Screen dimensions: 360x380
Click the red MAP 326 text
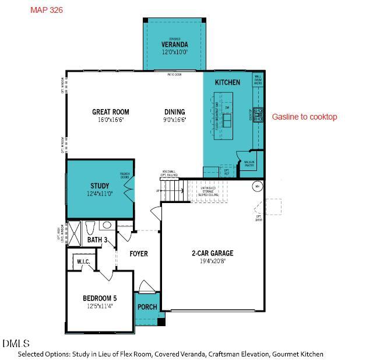tap(46, 10)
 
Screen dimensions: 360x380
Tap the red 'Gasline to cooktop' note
tap(304, 117)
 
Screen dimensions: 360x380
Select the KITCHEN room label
tap(227, 82)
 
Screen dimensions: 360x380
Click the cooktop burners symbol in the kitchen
tap(258, 114)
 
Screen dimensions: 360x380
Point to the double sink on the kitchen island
tap(227, 120)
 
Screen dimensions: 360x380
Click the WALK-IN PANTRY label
tap(249, 163)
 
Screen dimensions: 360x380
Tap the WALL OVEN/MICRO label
tap(258, 79)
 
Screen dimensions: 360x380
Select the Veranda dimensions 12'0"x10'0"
tap(175, 52)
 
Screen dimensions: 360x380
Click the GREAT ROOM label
tap(111, 112)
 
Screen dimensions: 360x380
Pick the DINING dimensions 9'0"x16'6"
tap(175, 120)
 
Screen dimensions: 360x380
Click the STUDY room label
tap(100, 186)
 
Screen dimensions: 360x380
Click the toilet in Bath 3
tap(90, 227)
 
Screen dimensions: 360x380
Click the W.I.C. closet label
tap(83, 261)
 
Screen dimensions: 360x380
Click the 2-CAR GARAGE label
tap(212, 253)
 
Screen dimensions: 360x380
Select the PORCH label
tap(147, 307)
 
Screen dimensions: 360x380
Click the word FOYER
tap(139, 254)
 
